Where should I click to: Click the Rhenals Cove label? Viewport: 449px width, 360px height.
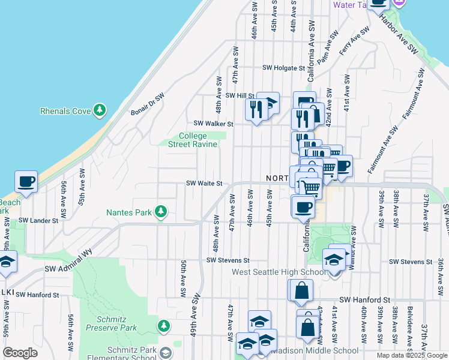coord(65,111)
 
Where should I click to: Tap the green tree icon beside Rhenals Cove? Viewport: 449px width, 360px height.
coord(100,110)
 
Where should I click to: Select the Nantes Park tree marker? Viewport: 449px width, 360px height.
coord(160,212)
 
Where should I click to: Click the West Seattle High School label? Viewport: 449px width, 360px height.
coord(279,272)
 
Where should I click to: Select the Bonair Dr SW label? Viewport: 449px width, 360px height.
coord(148,104)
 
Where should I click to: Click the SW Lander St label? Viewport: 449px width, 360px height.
coord(38,221)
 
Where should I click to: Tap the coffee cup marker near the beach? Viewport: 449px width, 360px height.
coord(26,181)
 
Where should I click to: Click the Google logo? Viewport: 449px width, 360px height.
coord(20,353)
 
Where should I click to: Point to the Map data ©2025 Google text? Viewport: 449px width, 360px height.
coord(412,355)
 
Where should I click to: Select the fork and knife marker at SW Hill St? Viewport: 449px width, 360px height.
coord(256,109)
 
